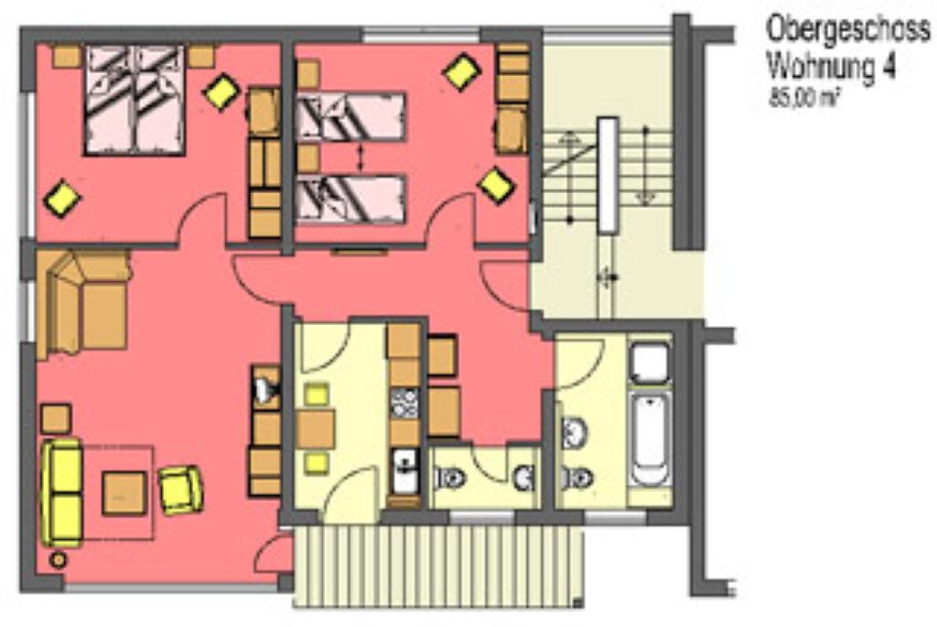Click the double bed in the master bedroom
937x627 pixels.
(135, 101)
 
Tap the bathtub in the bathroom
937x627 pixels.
(650, 439)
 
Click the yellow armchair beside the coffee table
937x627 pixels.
(180, 490)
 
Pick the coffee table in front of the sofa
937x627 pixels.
(124, 493)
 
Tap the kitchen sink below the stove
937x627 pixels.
(405, 471)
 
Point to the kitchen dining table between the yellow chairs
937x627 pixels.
(316, 428)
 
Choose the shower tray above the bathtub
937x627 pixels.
(650, 362)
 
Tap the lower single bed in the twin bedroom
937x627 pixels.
(350, 199)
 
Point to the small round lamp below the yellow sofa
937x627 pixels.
(59, 560)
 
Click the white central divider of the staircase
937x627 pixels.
(609, 175)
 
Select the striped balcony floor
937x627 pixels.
(438, 566)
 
